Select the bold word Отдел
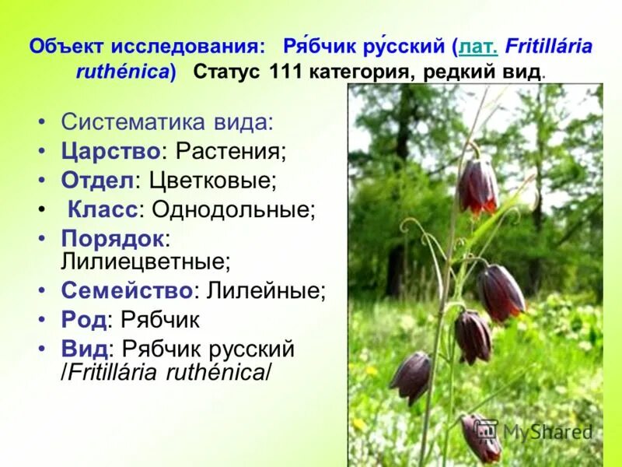(x=97, y=180)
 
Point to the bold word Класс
(x=103, y=209)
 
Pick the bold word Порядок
(x=112, y=237)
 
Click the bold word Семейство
(x=127, y=291)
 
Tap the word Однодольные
(x=233, y=209)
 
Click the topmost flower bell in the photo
(x=477, y=187)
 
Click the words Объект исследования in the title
(x=148, y=46)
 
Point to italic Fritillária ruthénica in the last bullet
(x=167, y=371)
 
